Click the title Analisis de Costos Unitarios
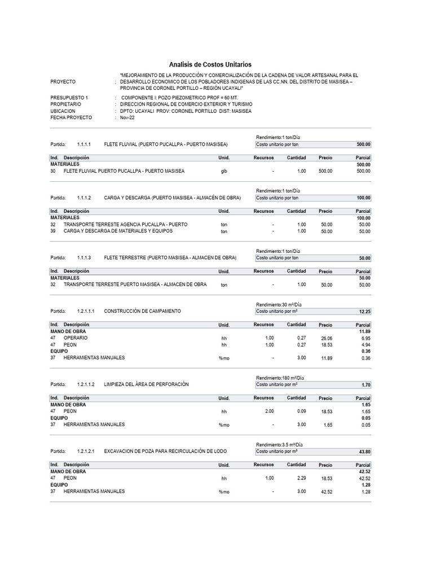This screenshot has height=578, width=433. click(x=210, y=65)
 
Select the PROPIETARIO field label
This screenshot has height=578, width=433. click(x=66, y=104)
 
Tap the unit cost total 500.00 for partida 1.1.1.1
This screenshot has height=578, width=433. click(x=363, y=144)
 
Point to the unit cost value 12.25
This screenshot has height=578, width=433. click(x=364, y=311)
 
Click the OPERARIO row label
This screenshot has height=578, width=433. click(x=76, y=338)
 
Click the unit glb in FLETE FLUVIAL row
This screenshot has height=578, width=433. click(x=224, y=171)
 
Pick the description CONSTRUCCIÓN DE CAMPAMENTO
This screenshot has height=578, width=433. click(x=143, y=311)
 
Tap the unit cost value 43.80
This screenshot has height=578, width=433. click(x=364, y=452)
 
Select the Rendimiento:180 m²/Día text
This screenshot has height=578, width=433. click(x=280, y=378)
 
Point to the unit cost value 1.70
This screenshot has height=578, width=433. click(x=365, y=384)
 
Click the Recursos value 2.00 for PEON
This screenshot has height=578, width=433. click(x=269, y=412)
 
